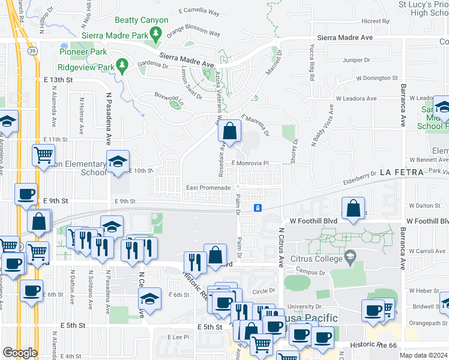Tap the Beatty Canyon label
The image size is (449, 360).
[x=141, y=20]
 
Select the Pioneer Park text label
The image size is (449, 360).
[x=83, y=52]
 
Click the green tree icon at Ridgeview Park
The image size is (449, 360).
[x=122, y=64]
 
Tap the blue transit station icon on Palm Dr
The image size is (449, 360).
[x=258, y=208]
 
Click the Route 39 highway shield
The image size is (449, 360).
[x=32, y=51]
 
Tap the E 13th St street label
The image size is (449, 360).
[x=58, y=80]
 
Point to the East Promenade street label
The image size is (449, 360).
[x=208, y=188]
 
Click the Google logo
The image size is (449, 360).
[x=20, y=353]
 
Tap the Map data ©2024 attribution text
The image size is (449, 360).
[x=423, y=355]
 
